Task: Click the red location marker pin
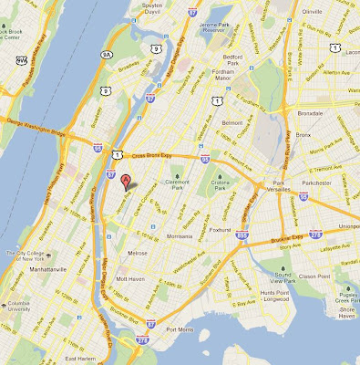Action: [x=126, y=178]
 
